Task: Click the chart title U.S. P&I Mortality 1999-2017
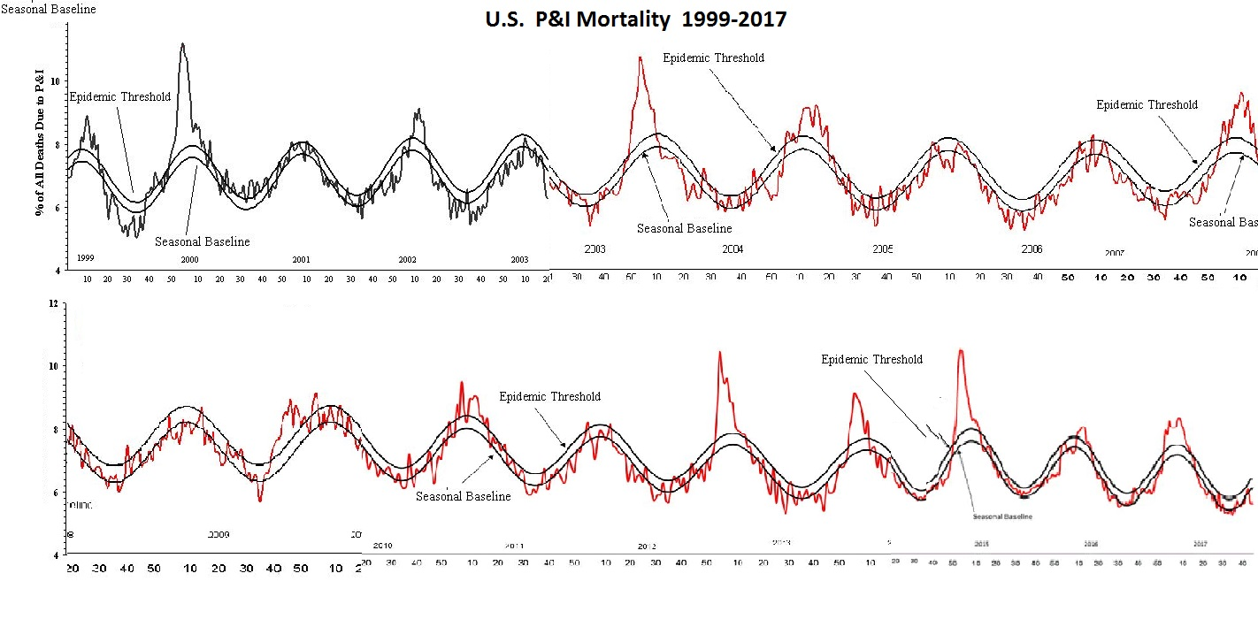635,19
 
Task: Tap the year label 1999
86,258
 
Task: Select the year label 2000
189,260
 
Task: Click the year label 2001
301,260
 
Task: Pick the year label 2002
407,260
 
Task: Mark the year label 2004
733,249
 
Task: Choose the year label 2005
883,249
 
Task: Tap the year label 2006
1032,249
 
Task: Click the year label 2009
219,535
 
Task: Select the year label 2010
382,546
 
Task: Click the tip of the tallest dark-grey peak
182,43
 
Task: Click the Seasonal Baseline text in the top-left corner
48,9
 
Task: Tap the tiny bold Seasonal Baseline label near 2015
1002,516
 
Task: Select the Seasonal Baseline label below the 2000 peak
202,241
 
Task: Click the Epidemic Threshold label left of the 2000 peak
119,96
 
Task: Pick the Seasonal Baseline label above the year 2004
684,228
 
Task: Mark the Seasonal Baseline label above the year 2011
463,496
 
